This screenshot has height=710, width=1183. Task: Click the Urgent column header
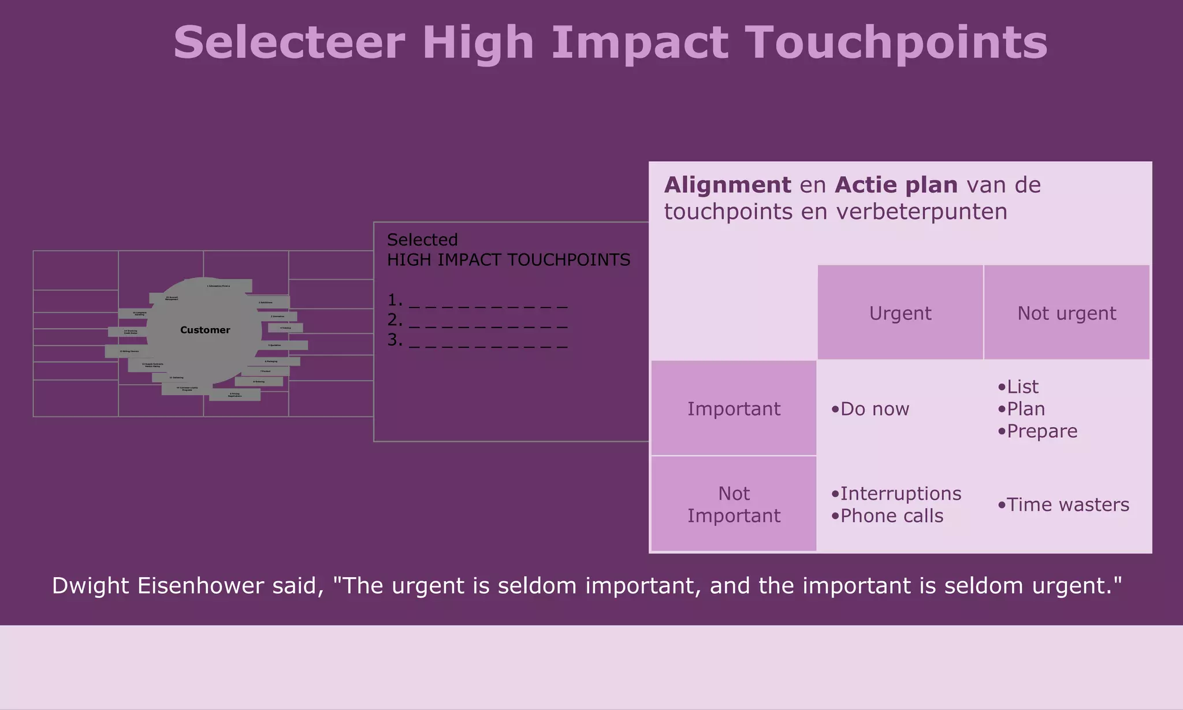(900, 313)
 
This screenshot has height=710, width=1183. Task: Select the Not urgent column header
(1066, 313)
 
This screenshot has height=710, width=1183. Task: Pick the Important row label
(734, 409)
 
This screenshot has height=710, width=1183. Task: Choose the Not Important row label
(734, 504)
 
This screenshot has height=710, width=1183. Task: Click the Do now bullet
(874, 409)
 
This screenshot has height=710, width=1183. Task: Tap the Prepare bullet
(1041, 431)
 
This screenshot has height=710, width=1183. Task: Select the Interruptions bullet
(900, 493)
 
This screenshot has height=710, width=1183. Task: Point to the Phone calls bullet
(891, 516)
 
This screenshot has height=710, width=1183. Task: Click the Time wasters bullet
(1067, 505)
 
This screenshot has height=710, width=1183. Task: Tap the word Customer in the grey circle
(205, 330)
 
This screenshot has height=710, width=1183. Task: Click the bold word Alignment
(727, 185)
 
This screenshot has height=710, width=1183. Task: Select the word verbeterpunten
(921, 211)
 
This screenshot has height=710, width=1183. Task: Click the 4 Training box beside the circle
(286, 328)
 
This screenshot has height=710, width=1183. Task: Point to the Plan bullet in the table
(1025, 409)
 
